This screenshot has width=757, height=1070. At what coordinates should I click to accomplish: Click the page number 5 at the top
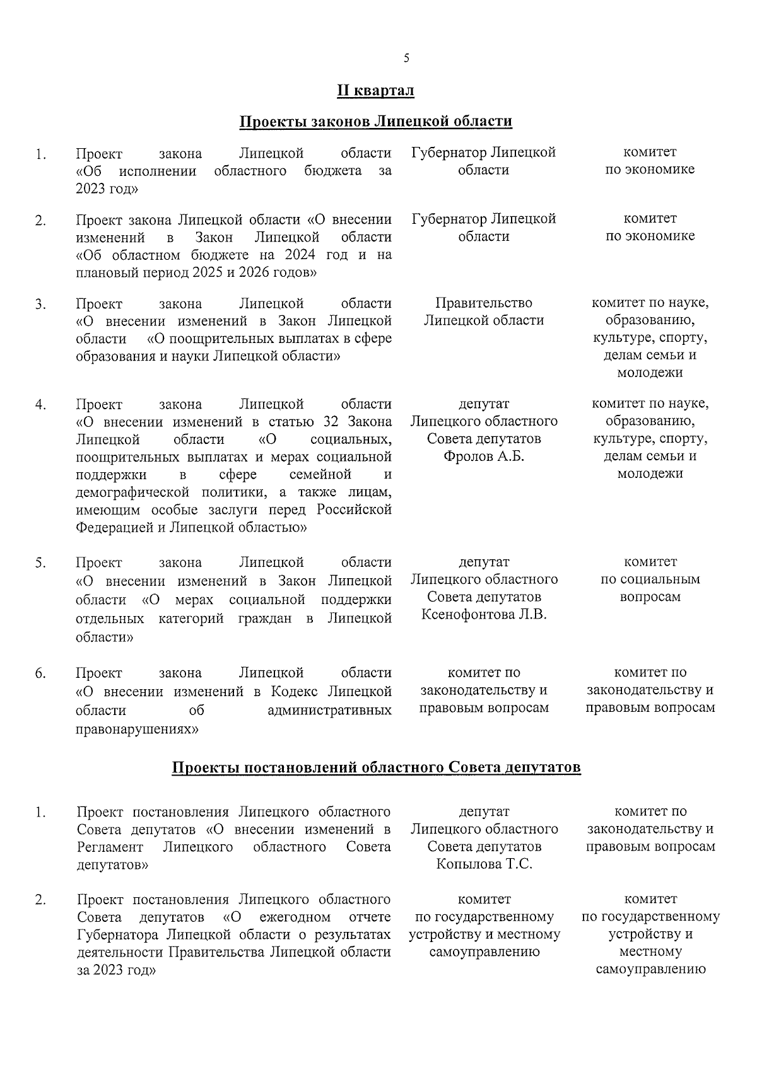pyautogui.click(x=406, y=59)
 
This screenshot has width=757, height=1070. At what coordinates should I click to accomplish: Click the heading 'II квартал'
pyautogui.click(x=375, y=91)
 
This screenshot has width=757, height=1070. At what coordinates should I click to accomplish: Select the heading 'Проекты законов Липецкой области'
pyautogui.click(x=375, y=122)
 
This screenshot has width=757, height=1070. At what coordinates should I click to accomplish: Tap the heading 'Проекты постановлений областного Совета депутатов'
pyautogui.click(x=377, y=768)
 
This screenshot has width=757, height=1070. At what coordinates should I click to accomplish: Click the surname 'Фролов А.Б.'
pyautogui.click(x=484, y=456)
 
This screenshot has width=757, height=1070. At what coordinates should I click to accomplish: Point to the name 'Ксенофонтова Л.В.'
pyautogui.click(x=484, y=615)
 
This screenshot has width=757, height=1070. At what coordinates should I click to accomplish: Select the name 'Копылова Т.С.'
pyautogui.click(x=484, y=864)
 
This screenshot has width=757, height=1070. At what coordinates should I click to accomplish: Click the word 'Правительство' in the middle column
pyautogui.click(x=484, y=303)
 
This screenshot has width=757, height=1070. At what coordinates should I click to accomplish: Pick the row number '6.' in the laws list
pyautogui.click(x=40, y=673)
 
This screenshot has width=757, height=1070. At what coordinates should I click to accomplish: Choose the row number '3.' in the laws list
pyautogui.click(x=40, y=305)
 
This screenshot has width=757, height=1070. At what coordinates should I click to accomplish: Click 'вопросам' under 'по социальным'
pyautogui.click(x=650, y=597)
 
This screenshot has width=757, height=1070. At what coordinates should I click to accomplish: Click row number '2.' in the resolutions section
pyautogui.click(x=40, y=900)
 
